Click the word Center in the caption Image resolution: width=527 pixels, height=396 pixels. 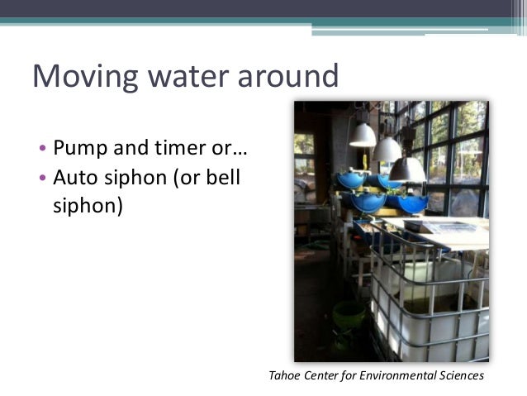pyautogui.click(x=323, y=376)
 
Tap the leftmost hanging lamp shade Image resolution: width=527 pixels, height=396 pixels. pyautogui.click(x=362, y=134)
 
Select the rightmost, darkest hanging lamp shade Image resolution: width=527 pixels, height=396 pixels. pyautogui.click(x=407, y=169)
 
